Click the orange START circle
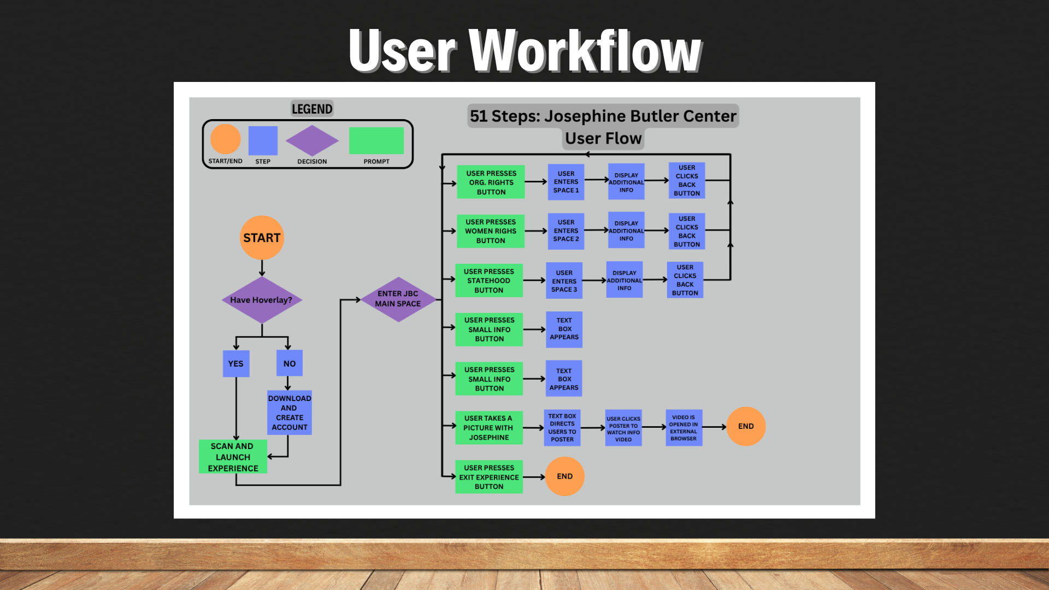262,238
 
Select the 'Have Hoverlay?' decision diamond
262,299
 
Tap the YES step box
236,363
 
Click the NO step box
289,363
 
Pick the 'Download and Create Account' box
289,412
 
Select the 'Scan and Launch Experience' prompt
233,457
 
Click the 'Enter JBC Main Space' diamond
398,299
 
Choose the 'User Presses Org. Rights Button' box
491,182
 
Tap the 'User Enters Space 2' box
565,231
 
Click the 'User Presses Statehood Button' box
489,280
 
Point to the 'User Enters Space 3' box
564,281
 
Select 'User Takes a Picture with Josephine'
489,428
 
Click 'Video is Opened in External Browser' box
683,427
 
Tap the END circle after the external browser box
746,426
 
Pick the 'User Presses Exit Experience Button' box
489,477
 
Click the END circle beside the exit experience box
564,476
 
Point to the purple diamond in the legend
312,140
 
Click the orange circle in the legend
225,139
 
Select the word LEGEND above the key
312,109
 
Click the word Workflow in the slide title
585,51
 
